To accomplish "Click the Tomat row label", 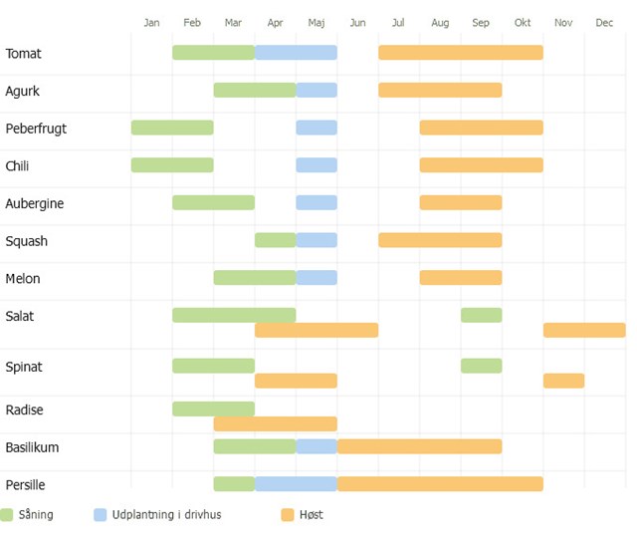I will [24, 54].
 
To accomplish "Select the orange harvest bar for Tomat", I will [460, 53].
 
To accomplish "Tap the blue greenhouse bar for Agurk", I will [317, 91].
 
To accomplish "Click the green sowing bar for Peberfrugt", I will [172, 128].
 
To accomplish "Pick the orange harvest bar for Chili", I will [481, 165].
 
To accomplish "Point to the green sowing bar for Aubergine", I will [213, 203].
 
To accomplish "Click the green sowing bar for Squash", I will [275, 240].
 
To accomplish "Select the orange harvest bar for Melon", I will [460, 278].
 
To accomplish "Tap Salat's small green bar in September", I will [481, 315].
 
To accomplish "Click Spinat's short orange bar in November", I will [563, 381].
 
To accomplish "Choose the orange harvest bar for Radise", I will [275, 423].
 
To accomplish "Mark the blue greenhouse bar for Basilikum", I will [317, 446].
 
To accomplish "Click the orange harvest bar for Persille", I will [440, 484].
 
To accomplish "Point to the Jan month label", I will [151, 23].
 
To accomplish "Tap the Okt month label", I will [523, 23].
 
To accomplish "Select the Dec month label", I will [604, 23].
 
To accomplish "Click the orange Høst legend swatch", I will [288, 515].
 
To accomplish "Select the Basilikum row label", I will [32, 447].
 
